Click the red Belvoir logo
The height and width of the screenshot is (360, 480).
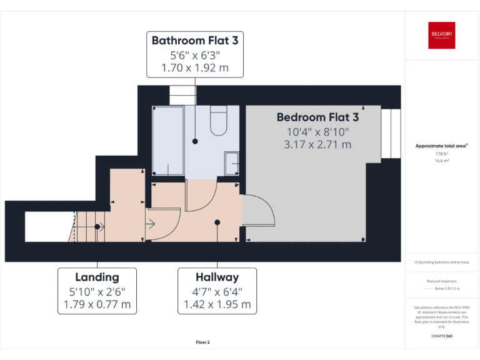coord(441,35)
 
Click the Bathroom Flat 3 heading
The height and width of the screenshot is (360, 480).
coord(195,41)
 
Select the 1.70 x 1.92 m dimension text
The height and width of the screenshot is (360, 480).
coord(195,67)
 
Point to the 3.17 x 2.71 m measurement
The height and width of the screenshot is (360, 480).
coord(317,144)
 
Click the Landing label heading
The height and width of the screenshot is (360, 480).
coord(97,277)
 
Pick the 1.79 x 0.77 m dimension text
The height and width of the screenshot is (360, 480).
coord(97,304)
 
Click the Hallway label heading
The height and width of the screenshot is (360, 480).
coord(217,277)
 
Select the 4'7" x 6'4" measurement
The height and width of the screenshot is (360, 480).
coord(217,291)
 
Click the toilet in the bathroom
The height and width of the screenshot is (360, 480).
coord(219,121)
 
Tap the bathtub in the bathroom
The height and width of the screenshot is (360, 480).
coord(167,141)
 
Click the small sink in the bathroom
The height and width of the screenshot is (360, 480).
coord(231,163)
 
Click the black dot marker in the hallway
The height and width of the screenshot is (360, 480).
coord(217,222)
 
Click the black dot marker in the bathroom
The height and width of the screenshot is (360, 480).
coord(195,141)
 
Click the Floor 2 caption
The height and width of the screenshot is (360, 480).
coord(202,342)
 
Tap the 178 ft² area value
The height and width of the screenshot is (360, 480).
coord(442,154)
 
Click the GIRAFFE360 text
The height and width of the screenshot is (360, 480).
coord(442,337)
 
